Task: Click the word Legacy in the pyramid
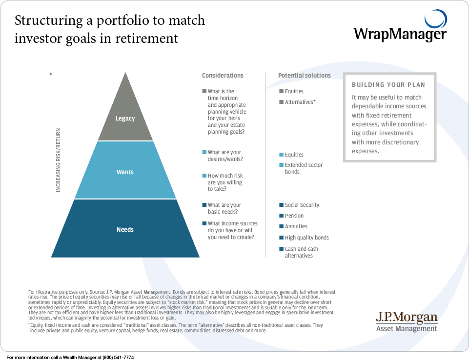pyautogui.click(x=125, y=119)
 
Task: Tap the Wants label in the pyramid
pyautogui.click(x=125, y=172)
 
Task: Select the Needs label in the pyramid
pyautogui.click(x=125, y=230)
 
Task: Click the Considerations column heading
pyautogui.click(x=223, y=76)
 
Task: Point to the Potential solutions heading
pyautogui.click(x=304, y=76)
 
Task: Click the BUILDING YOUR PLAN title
pyautogui.click(x=388, y=85)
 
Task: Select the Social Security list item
pyautogui.click(x=302, y=205)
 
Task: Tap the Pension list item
pyautogui.click(x=294, y=216)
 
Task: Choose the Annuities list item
pyautogui.click(x=296, y=226)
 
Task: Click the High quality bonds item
pyautogui.click(x=306, y=238)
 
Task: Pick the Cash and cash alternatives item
pyautogui.click(x=301, y=252)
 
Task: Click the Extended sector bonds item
pyautogui.click(x=304, y=168)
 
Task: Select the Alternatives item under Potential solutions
pyautogui.click(x=300, y=102)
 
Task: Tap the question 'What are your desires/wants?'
pyautogui.click(x=224, y=156)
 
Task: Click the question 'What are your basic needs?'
pyautogui.click(x=224, y=208)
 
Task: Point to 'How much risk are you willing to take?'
pyautogui.click(x=225, y=182)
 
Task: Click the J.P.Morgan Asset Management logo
pyautogui.click(x=407, y=322)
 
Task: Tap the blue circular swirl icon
pyautogui.click(x=435, y=20)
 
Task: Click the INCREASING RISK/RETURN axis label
pyautogui.click(x=59, y=160)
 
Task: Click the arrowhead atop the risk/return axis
pyautogui.click(x=51, y=75)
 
